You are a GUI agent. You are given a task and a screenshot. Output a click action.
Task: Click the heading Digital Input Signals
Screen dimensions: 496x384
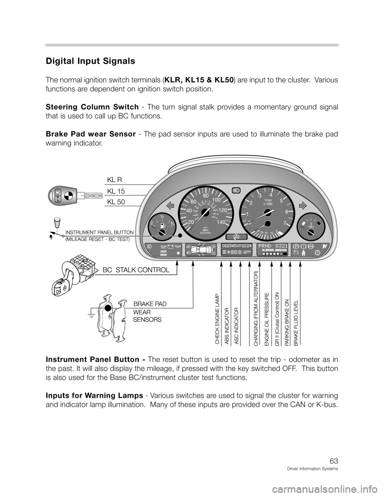coord(90,62)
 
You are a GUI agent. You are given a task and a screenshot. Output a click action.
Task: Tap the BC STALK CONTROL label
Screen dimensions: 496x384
coord(136,270)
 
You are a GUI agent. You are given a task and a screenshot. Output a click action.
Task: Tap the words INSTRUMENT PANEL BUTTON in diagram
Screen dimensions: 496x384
coord(99,232)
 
